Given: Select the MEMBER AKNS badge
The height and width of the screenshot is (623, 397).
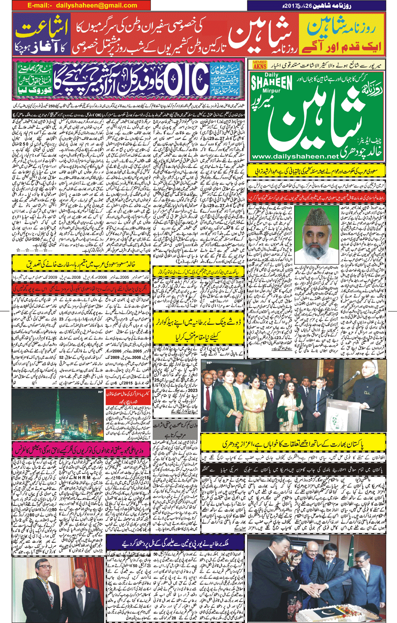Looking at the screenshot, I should pos(260,64).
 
